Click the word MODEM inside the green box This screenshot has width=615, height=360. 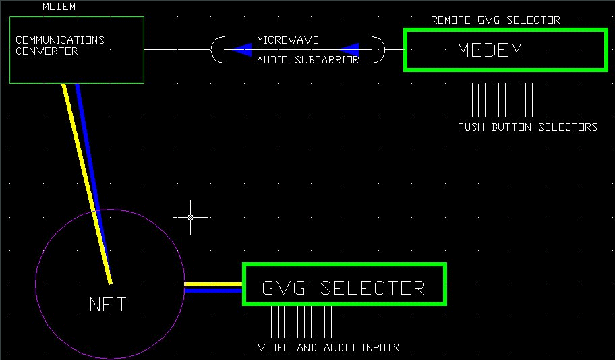(x=490, y=50)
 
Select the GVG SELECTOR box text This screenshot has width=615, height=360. (x=343, y=288)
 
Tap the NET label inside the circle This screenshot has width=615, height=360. (x=108, y=305)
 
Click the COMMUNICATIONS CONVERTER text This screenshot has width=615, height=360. (x=59, y=45)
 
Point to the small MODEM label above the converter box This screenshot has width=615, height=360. (x=59, y=7)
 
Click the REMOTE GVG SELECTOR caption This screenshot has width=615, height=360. (x=495, y=20)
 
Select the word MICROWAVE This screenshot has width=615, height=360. (x=287, y=40)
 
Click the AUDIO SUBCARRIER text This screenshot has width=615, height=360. (x=307, y=60)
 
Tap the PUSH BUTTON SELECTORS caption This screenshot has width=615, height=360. (x=527, y=127)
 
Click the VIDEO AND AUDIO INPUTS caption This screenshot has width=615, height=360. (x=328, y=348)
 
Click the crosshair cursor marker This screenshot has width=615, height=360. (x=190, y=217)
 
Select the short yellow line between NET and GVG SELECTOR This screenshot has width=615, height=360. (x=213, y=284)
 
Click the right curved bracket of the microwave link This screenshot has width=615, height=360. (x=381, y=50)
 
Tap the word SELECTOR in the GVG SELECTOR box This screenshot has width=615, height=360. (x=372, y=288)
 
